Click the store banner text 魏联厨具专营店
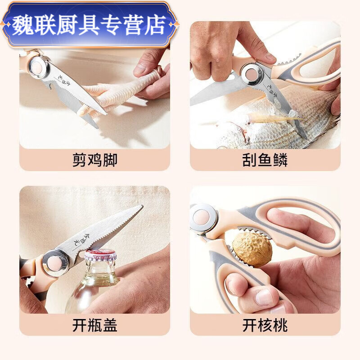89,24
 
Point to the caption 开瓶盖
94,325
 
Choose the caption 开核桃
265,325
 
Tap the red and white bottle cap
100,256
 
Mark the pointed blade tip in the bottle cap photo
140,207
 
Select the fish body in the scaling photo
288,121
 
